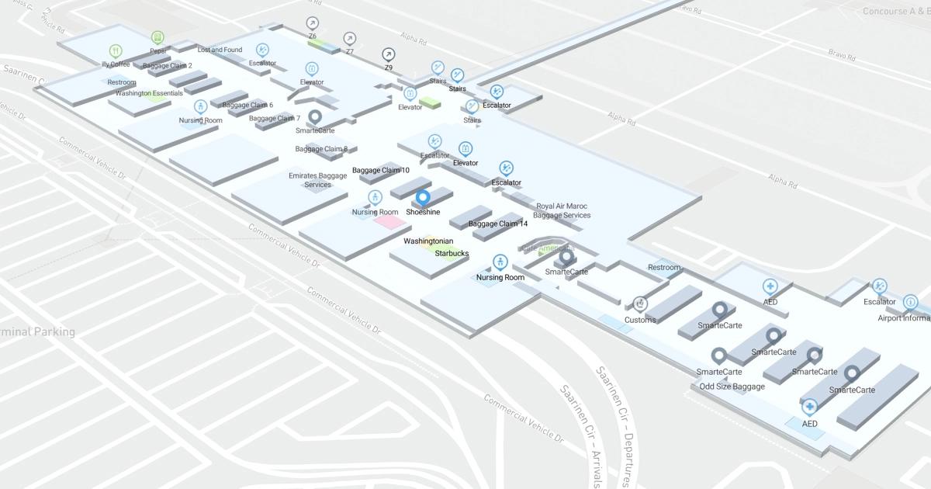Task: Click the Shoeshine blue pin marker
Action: click(424, 198)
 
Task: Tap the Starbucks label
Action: click(452, 253)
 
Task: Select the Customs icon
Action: click(640, 303)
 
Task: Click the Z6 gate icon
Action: click(312, 23)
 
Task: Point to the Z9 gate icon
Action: click(388, 54)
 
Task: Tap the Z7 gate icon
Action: click(350, 39)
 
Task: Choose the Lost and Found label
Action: click(220, 50)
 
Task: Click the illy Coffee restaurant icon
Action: click(116, 51)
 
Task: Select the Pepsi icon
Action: click(157, 37)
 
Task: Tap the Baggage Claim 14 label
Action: click(498, 224)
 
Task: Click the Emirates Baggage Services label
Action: click(317, 180)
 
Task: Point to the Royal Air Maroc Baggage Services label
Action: click(564, 210)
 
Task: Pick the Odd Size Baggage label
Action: click(732, 387)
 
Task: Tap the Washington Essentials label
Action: click(149, 93)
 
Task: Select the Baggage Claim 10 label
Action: click(381, 170)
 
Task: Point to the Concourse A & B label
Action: click(896, 12)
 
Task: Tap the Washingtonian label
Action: click(428, 241)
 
